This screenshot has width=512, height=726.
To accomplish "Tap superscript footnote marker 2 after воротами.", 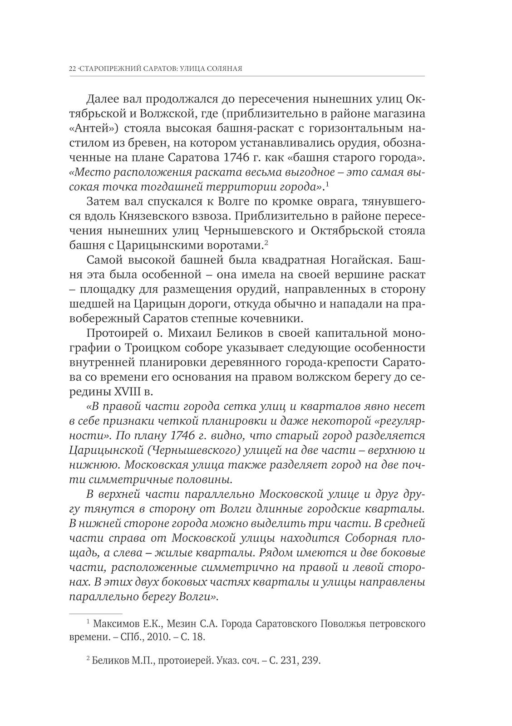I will [267, 244].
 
